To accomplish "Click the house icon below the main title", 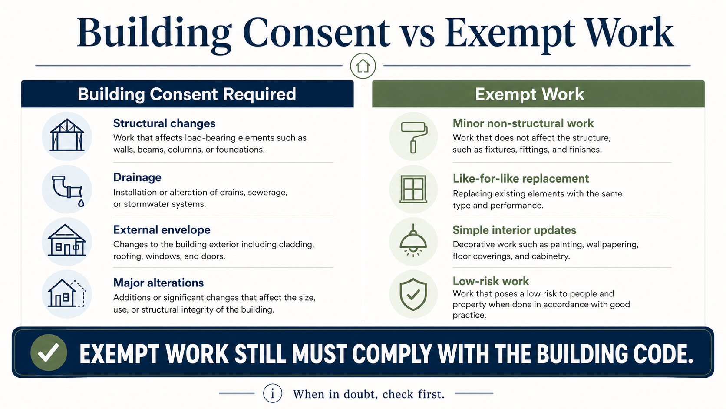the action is (x=363, y=66).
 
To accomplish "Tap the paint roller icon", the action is (x=414, y=137).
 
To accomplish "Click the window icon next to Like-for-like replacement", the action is (x=413, y=189).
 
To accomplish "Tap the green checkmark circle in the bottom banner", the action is (x=49, y=352).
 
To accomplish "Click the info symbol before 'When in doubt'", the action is (x=273, y=393).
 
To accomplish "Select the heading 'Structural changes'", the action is (x=164, y=123).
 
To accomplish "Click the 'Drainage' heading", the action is (x=137, y=177).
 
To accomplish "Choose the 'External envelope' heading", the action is (x=162, y=230).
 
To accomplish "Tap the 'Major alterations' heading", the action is (x=158, y=283).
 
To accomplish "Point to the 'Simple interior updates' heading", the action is (x=515, y=230).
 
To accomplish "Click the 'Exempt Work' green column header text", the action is (x=530, y=94).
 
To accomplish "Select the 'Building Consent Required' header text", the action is (x=187, y=94).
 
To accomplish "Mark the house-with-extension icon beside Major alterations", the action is (x=67, y=293).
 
